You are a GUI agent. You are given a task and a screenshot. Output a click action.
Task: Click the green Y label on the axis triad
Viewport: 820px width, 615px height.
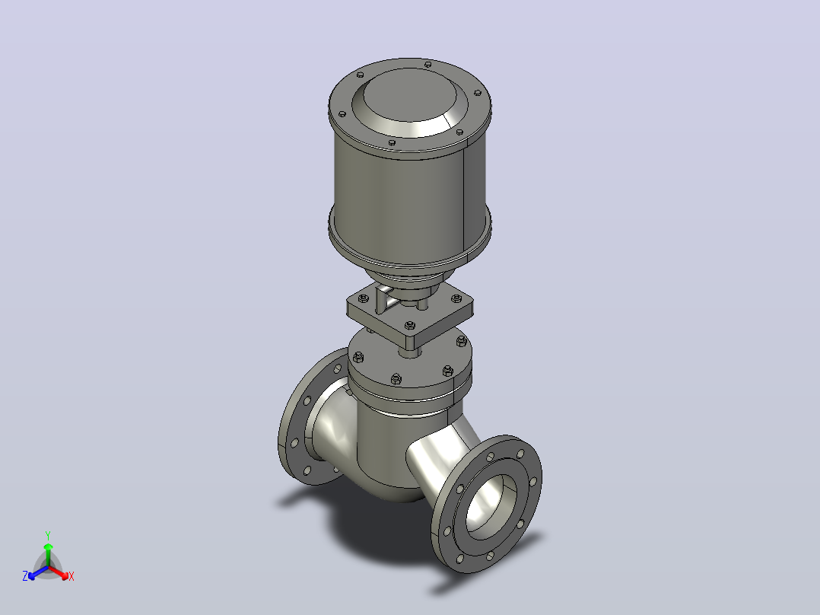pyautogui.click(x=48, y=535)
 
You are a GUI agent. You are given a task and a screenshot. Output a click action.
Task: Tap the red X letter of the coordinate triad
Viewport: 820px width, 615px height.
pyautogui.click(x=72, y=577)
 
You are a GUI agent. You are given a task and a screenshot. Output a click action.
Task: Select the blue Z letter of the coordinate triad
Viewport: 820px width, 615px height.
pyautogui.click(x=25, y=576)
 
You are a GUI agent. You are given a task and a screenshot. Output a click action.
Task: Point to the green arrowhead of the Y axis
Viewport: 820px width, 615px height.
pyautogui.click(x=48, y=546)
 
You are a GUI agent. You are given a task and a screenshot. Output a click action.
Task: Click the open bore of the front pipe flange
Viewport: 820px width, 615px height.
pyautogui.click(x=491, y=506)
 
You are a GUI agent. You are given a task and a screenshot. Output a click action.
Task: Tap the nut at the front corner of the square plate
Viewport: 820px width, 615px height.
pyautogui.click(x=410, y=326)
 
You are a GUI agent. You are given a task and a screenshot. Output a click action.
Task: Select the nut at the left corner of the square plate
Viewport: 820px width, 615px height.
pyautogui.click(x=364, y=298)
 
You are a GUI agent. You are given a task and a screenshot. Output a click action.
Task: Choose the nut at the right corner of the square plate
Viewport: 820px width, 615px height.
pyautogui.click(x=456, y=298)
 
